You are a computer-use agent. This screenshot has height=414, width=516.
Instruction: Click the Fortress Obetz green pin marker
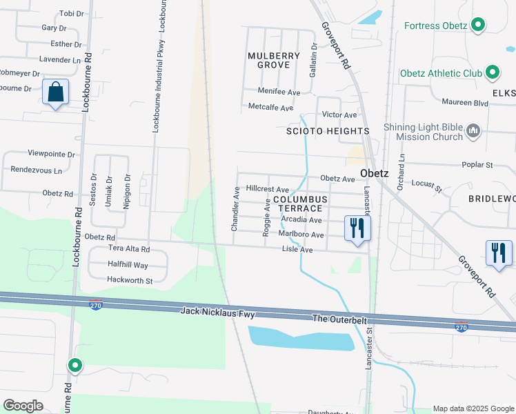[477, 26]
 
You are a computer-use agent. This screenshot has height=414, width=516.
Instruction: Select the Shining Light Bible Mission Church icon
[473, 131]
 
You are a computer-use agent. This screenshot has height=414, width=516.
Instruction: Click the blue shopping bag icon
[55, 92]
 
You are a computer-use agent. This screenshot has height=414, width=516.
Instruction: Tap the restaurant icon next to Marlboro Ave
[357, 228]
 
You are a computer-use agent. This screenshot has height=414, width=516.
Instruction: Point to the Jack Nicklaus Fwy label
[217, 313]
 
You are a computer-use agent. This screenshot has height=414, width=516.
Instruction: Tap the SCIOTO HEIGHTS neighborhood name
[328, 130]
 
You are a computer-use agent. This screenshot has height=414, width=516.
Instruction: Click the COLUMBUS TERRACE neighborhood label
[301, 204]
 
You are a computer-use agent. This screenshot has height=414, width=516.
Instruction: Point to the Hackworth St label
[130, 280]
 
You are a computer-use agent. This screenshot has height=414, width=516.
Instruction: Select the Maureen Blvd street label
[466, 103]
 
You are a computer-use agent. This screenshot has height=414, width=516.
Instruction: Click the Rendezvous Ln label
[35, 170]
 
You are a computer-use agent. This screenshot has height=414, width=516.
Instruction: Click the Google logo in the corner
[23, 405]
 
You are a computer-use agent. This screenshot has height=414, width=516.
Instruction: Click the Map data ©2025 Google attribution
[473, 408]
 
